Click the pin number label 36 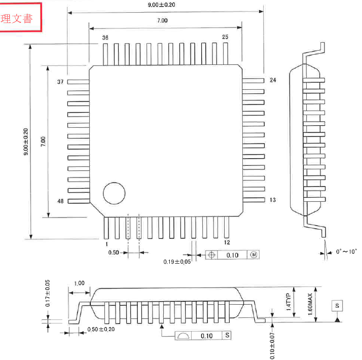105,38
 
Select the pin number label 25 226,37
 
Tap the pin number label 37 60,82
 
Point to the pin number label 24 273,80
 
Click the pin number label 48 60,201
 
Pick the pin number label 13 273,200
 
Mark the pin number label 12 227,243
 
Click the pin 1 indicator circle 114,193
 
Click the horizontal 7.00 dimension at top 162,21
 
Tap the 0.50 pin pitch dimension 114,253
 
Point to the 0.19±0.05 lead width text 177,262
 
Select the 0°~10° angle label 346,251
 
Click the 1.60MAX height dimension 310,305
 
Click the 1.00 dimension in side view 79,283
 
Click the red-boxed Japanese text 17,19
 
